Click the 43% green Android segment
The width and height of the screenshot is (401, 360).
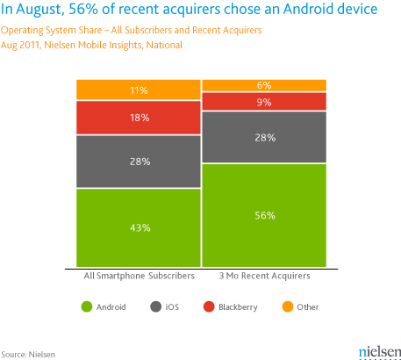click(139, 228)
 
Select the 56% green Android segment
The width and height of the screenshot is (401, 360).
click(264, 215)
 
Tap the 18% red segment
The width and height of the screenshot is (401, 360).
click(139, 118)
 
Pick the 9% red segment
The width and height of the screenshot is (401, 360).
click(264, 102)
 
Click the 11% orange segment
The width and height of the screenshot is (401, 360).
click(139, 90)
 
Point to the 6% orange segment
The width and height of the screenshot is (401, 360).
click(264, 85)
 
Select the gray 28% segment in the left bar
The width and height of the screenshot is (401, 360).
click(139, 162)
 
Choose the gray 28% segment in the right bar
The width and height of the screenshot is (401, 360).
click(264, 138)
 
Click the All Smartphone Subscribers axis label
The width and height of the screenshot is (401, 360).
click(139, 276)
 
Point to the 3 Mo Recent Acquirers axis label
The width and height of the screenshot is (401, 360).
click(264, 276)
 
